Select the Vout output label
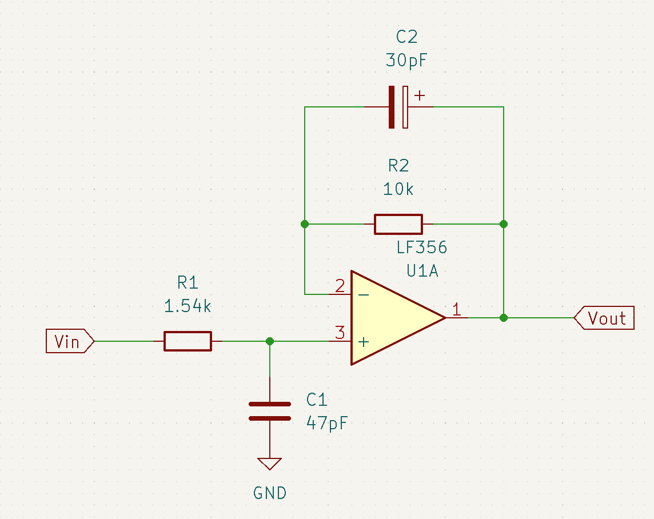pos(607,318)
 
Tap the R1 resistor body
pos(188,341)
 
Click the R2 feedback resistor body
pos(398,224)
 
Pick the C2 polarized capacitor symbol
pos(398,107)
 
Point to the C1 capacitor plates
pos(269,411)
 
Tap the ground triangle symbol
pos(269,464)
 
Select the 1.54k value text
pos(188,306)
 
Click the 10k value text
pos(398,189)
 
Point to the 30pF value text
pos(406,61)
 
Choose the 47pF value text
pos(327,424)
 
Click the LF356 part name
pos(422,247)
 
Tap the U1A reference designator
pos(422,271)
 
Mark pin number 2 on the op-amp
pos(340,286)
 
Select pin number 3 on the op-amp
pos(340,333)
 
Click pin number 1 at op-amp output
pos(457,310)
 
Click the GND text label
pos(269,493)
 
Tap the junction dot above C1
pos(270,341)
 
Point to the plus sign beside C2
pos(420,95)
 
